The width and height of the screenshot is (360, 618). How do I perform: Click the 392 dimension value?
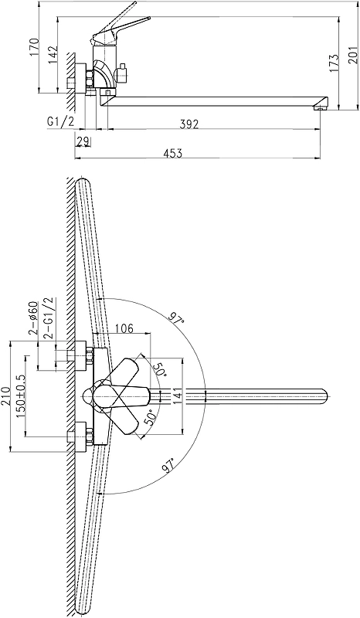coord(189,124)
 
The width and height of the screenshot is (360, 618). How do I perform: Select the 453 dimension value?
coord(172,153)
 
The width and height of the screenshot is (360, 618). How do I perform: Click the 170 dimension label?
coord(34,47)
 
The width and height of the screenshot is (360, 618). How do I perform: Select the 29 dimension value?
coord(83,141)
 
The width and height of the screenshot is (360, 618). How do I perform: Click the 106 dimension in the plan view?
coord(124,328)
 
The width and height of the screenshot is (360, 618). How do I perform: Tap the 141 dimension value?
coord(177,396)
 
